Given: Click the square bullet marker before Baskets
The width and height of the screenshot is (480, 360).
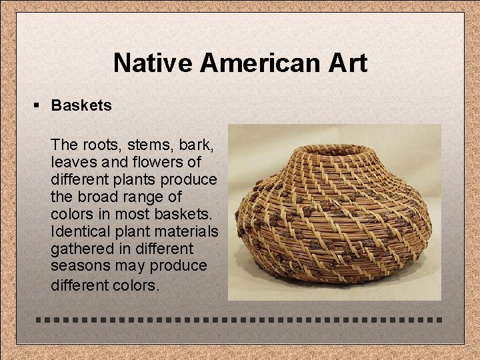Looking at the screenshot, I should (39, 105).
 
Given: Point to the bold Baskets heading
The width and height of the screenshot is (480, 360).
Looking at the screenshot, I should (81, 105).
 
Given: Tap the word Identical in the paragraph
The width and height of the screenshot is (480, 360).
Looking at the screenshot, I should (77, 231).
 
